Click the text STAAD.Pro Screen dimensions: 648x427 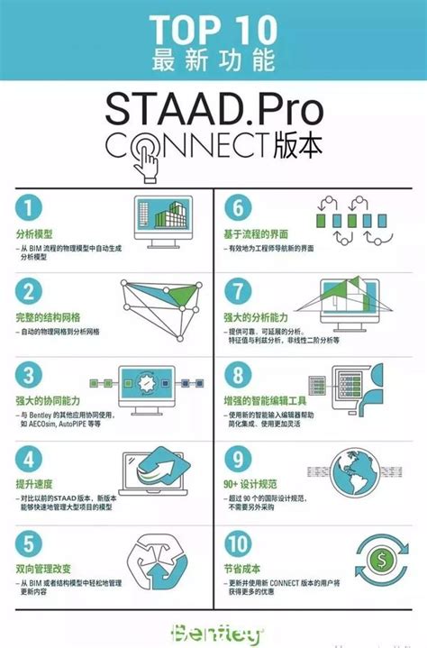tap(213, 112)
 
